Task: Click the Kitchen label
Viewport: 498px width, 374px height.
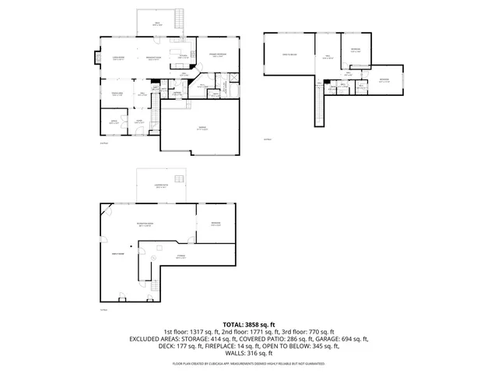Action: click(182, 56)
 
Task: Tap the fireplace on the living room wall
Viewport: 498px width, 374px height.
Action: click(97, 58)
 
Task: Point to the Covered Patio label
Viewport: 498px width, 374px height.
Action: click(162, 185)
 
